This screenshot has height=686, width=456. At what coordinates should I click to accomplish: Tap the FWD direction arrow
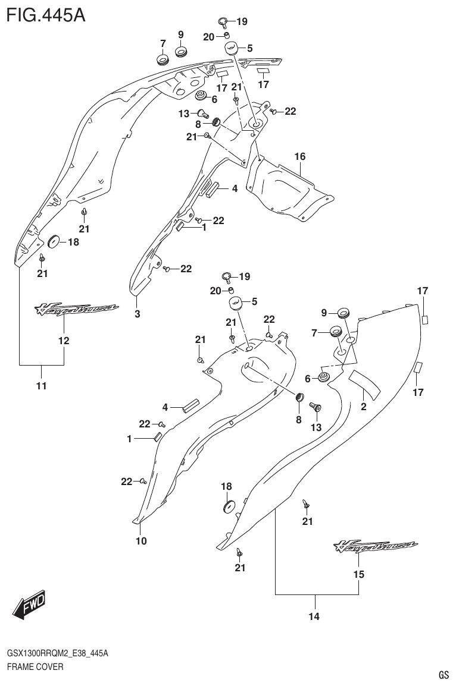tap(28, 607)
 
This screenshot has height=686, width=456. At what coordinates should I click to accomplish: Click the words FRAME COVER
tap(35, 667)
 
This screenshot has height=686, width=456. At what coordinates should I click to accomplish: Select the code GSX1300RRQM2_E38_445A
tap(57, 653)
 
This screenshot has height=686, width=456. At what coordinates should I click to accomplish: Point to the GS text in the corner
tap(443, 675)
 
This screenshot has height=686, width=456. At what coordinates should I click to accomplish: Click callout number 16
tap(299, 157)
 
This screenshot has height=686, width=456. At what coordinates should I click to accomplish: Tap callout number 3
tap(137, 314)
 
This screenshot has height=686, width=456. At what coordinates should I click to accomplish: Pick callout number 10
tap(141, 541)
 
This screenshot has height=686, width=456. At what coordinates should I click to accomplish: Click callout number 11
tap(41, 386)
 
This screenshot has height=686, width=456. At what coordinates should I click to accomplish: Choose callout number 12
tap(64, 341)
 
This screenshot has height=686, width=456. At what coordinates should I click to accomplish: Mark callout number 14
tap(314, 616)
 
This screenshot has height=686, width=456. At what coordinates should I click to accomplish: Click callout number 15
tap(358, 574)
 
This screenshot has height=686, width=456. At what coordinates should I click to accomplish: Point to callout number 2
tap(363, 407)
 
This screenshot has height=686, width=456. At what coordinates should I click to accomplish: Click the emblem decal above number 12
tap(76, 309)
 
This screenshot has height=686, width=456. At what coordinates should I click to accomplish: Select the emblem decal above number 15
tap(375, 546)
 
